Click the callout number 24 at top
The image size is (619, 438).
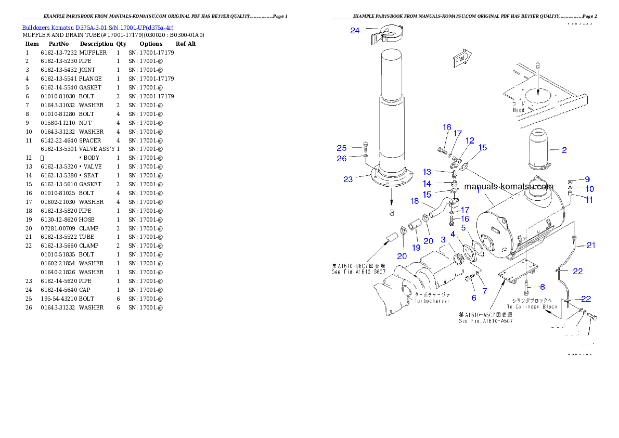[x=355, y=31]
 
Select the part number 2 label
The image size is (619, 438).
[x=564, y=150]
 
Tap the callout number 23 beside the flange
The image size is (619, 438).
[x=348, y=179]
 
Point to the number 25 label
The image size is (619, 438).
[x=341, y=148]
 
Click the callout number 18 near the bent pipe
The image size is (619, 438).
[x=415, y=201]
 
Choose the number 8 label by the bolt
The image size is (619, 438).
[x=542, y=287]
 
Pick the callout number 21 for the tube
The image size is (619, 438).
[x=590, y=246]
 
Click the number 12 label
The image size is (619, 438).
[x=470, y=140]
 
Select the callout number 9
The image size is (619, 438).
[x=587, y=179]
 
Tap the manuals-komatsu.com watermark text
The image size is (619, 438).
[x=509, y=187]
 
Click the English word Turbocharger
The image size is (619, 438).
[x=432, y=301]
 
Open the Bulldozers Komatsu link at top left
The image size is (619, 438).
[x=98, y=27]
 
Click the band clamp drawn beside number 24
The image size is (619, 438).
[x=388, y=34]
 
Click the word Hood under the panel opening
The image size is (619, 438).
[x=519, y=110]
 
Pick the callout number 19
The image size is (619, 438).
[x=416, y=248]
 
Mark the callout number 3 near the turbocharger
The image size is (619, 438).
[x=443, y=240]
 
